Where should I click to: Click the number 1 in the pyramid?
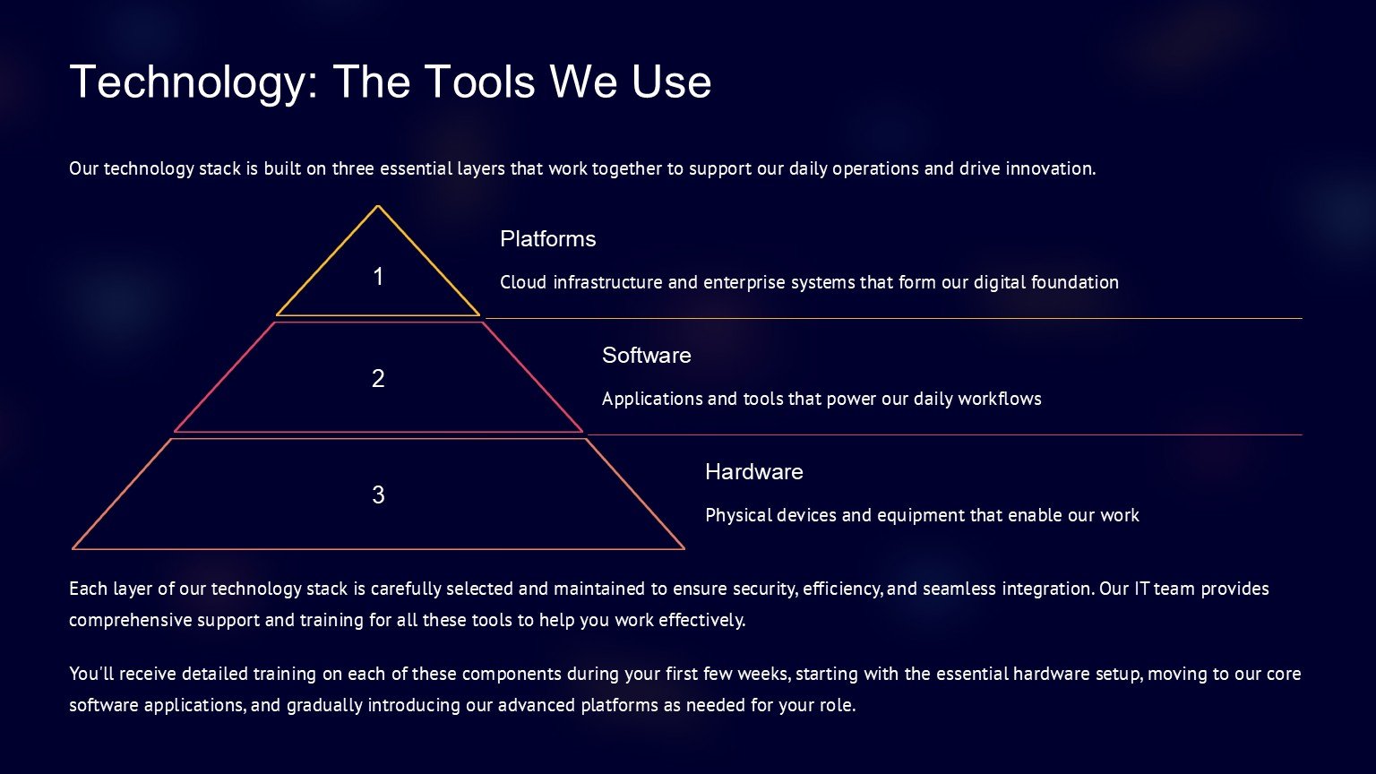pos(378,277)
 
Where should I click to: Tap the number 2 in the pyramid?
pos(378,378)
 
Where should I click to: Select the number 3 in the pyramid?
pos(378,494)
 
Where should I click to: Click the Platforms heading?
pos(548,239)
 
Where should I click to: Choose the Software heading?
pos(646,355)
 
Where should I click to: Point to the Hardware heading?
pos(754,472)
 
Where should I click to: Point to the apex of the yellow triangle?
pos(378,206)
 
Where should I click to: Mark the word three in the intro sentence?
pos(353,168)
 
